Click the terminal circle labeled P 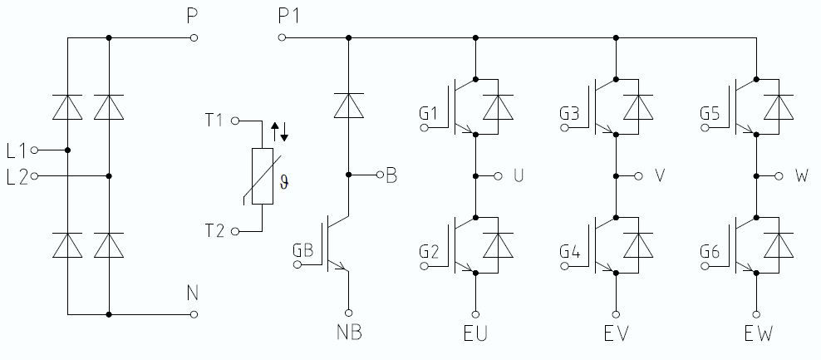pyautogui.click(x=194, y=37)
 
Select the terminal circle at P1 pyautogui.click(x=283, y=37)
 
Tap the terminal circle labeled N pyautogui.click(x=194, y=314)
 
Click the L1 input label pyautogui.click(x=17, y=150)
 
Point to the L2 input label pyautogui.click(x=17, y=176)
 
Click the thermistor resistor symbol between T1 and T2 pyautogui.click(x=262, y=176)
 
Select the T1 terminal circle pyautogui.click(x=235, y=121)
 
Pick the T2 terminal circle pyautogui.click(x=235, y=231)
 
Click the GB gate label pyautogui.click(x=303, y=250)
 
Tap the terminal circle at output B pyautogui.click(x=380, y=175)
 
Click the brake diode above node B pyautogui.click(x=347, y=106)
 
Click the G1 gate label pyautogui.click(x=430, y=112)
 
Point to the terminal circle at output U pyautogui.click(x=499, y=175)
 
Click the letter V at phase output pyautogui.click(x=661, y=175)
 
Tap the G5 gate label pyautogui.click(x=710, y=112)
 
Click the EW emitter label pyautogui.click(x=759, y=334)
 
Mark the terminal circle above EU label pyautogui.click(x=474, y=314)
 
